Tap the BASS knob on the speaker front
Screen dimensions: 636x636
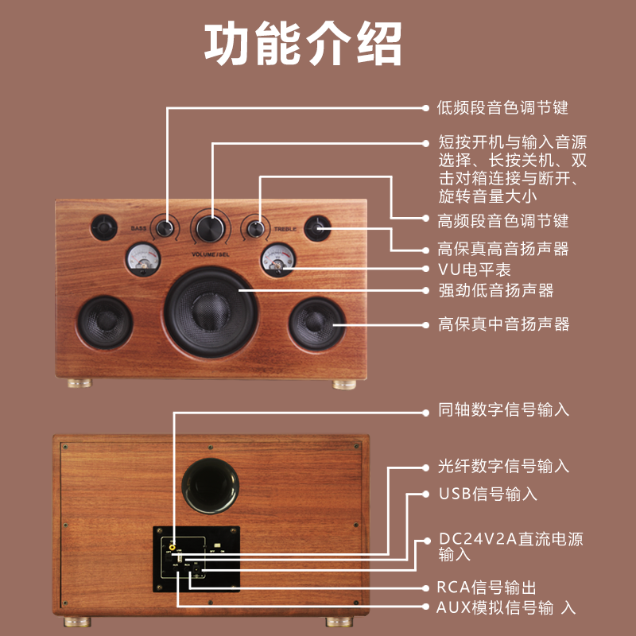click(166, 229)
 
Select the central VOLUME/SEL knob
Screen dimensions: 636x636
click(211, 227)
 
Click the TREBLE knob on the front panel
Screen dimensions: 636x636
click(255, 229)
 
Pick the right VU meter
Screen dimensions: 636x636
click(277, 258)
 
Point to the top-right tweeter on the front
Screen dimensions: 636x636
click(319, 227)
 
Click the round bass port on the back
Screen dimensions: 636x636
click(211, 485)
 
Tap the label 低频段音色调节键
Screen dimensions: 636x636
click(503, 107)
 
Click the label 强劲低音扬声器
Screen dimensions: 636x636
click(496, 290)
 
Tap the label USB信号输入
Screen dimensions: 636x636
click(488, 494)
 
